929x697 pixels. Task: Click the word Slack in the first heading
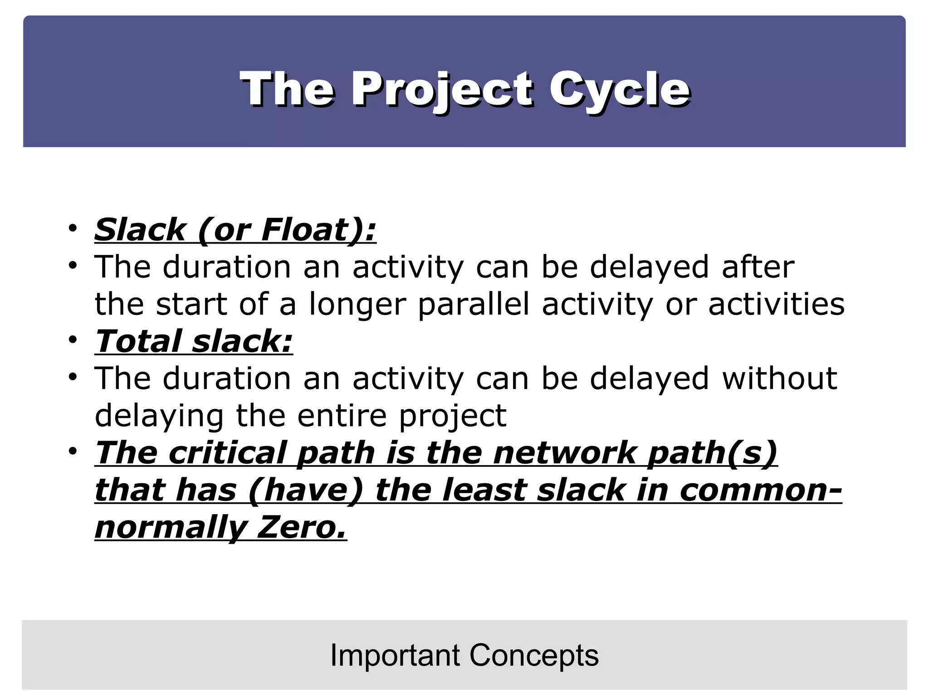140,230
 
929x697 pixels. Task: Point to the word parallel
474,304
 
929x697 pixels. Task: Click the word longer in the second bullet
357,304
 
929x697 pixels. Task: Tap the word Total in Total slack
138,341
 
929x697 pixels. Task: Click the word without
779,378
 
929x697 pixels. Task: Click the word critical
227,453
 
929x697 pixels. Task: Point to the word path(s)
712,453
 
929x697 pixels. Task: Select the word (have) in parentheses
306,490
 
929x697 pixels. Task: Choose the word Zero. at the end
302,527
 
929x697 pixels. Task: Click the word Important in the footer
395,655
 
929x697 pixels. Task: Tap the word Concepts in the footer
534,655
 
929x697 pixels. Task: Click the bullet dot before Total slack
73,339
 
